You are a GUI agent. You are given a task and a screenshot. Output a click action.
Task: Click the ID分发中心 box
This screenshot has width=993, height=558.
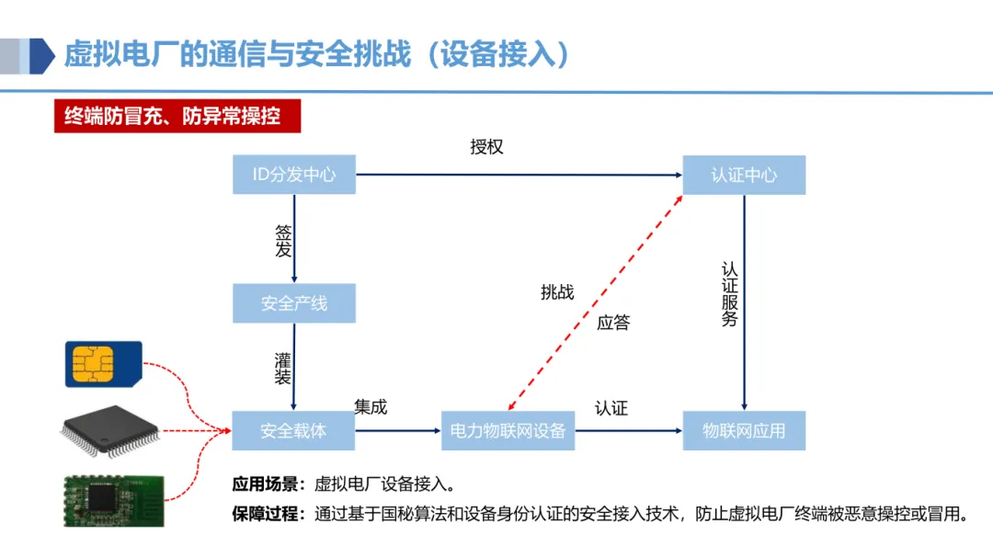click(293, 175)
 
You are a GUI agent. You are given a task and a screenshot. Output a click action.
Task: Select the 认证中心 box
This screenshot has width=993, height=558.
click(744, 175)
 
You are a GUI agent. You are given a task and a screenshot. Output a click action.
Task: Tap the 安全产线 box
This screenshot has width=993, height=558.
click(293, 303)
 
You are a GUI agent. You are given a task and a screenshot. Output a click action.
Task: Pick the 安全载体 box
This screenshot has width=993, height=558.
click(293, 430)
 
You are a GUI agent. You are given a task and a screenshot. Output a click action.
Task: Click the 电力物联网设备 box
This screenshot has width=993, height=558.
click(508, 430)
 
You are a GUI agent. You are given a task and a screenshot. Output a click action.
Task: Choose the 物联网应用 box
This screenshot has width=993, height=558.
click(744, 430)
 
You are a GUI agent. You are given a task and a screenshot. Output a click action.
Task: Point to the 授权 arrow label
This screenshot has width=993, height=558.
click(486, 147)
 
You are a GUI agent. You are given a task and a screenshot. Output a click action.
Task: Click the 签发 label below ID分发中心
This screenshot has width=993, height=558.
click(282, 240)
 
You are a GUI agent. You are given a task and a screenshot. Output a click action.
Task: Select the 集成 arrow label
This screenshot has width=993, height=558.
click(371, 406)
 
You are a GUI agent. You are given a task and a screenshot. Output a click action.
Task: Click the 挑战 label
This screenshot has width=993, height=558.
click(557, 292)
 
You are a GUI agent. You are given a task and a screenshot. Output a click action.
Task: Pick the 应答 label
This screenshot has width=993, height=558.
click(613, 323)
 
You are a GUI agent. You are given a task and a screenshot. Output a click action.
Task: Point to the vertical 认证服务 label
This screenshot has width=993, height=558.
click(730, 294)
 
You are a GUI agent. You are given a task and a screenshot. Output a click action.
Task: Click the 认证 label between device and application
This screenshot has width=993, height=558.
click(611, 408)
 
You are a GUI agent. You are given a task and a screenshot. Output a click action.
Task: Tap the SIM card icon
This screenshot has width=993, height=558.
click(104, 364)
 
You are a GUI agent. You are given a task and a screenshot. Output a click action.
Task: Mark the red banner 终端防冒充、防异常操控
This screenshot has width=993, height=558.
click(172, 118)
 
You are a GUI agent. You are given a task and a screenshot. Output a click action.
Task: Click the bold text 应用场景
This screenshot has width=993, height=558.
click(265, 484)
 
